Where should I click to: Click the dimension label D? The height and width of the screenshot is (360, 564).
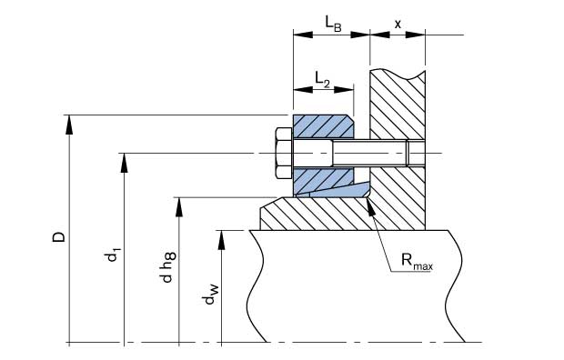pos(59,236)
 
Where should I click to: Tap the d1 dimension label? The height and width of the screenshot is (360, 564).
pos(112,255)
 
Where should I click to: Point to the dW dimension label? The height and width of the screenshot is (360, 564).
pos(210,294)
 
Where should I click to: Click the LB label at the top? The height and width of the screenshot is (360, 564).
pos(334,25)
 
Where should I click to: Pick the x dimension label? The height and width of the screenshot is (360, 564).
pos(398,25)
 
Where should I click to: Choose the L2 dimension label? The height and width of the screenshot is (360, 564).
pos(322,79)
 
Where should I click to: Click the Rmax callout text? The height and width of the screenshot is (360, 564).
pos(417,262)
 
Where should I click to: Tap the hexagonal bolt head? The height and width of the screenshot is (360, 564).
pos(285,153)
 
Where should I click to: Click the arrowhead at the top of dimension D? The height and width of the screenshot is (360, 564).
pos(69,125)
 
